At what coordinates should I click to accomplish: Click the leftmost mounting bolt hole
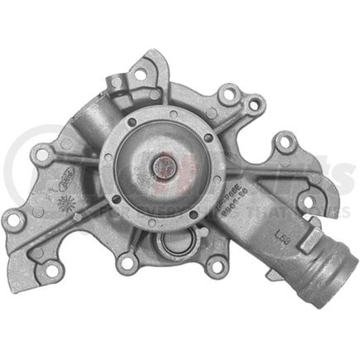tap(12, 220)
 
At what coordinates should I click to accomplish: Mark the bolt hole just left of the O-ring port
tap(127, 264)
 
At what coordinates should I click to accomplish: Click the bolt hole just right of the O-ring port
tap(216, 266)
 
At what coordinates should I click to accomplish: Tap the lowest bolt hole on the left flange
tap(51, 269)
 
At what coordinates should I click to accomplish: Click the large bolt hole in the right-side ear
tap(286, 142)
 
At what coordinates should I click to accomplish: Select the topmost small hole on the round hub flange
tap(172, 113)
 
